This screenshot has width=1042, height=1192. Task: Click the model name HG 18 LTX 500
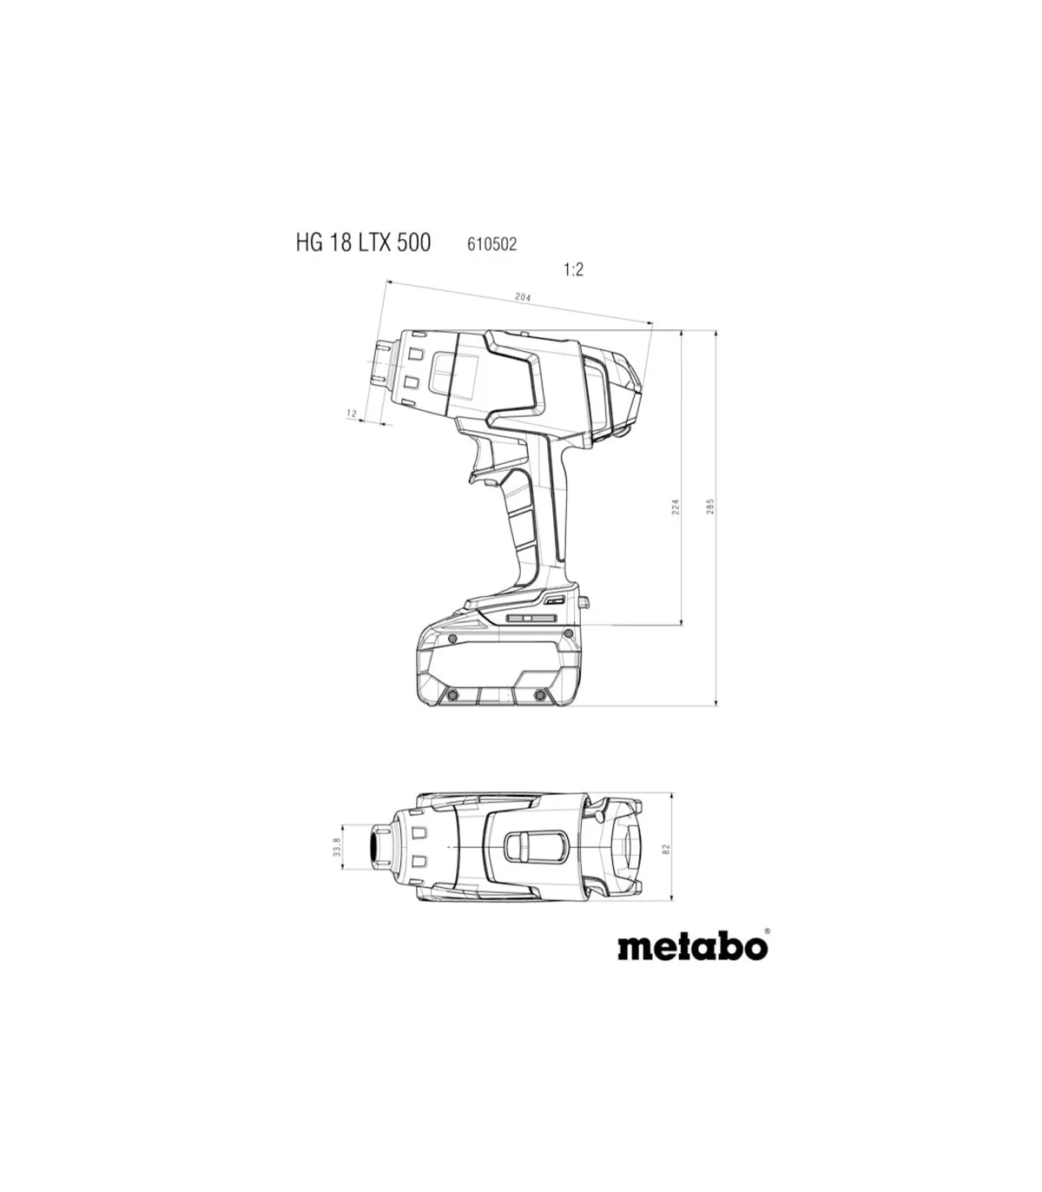pyautogui.click(x=363, y=242)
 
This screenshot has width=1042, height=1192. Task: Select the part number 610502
pyautogui.click(x=491, y=244)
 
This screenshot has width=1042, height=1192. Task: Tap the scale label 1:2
pyautogui.click(x=573, y=270)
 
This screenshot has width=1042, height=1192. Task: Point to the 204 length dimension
pyautogui.click(x=523, y=297)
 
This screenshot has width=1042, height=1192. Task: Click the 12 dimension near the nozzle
pyautogui.click(x=352, y=414)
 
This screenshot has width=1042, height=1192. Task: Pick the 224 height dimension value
pyautogui.click(x=676, y=507)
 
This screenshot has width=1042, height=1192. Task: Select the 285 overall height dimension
pyautogui.click(x=709, y=507)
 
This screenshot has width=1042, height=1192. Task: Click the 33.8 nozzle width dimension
pyautogui.click(x=337, y=847)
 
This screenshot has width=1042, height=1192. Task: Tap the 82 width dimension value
pyautogui.click(x=666, y=847)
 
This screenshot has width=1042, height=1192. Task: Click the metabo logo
pyautogui.click(x=692, y=946)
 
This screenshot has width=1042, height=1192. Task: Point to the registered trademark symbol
pyautogui.click(x=766, y=931)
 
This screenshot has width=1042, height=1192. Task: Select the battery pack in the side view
pyautogui.click(x=497, y=665)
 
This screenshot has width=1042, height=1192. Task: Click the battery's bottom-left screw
pyautogui.click(x=451, y=695)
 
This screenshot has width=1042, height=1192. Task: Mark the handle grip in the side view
pyautogui.click(x=525, y=521)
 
